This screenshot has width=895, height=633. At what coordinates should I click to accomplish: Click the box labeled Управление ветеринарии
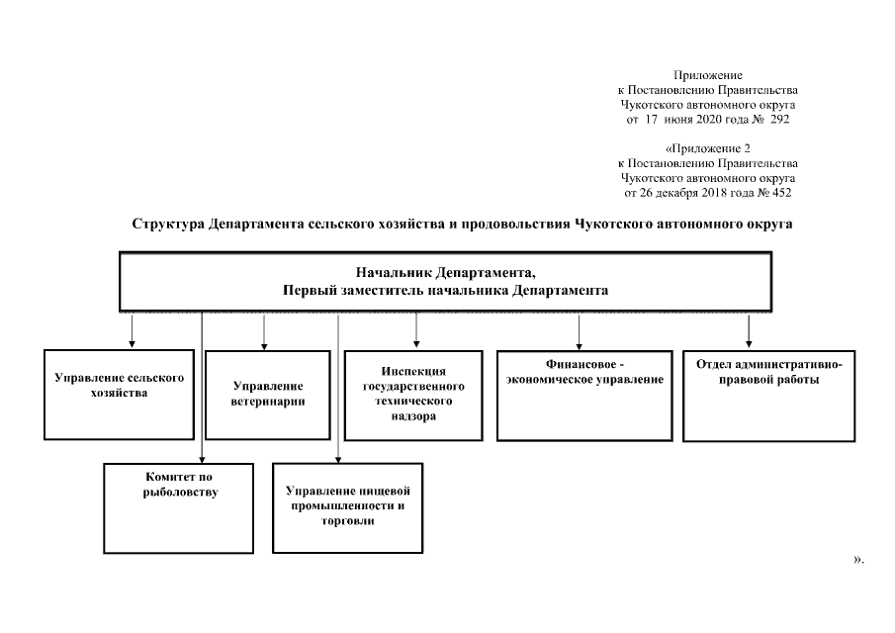[268, 395]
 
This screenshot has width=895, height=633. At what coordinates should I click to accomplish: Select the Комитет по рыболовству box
[179, 508]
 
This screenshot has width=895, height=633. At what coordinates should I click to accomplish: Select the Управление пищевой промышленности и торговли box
[347, 507]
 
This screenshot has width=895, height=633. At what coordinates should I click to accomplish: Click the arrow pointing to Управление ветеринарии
[264, 331]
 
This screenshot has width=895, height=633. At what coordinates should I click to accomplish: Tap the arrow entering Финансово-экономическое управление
[580, 331]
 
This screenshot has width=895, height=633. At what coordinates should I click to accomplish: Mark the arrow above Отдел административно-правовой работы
[749, 329]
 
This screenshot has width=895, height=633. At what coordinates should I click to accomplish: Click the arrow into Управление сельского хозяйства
[133, 331]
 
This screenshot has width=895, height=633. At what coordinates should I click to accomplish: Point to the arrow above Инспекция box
[416, 331]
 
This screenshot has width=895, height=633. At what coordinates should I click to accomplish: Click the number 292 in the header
[777, 119]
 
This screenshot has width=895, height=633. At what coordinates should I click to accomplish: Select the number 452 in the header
[780, 192]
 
